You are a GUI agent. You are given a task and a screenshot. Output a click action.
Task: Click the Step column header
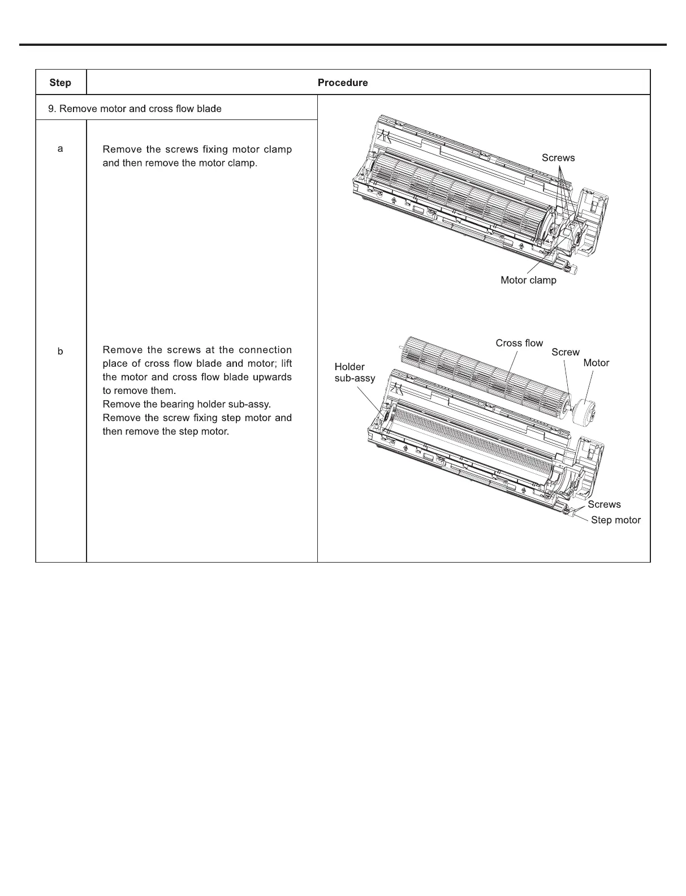pos(60,83)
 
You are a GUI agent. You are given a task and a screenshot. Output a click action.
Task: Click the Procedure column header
pos(343,83)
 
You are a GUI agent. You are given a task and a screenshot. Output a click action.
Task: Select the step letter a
pos(61,149)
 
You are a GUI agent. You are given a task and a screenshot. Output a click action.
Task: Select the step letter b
pos(61,351)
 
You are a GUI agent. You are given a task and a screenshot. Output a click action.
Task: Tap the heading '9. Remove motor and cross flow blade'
pos(135,109)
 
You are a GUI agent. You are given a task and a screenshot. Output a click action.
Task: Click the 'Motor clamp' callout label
pos(528,280)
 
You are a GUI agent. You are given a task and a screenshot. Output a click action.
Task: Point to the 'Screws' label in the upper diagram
pos(558,158)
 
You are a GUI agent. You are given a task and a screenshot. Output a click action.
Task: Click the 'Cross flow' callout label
pos(519,343)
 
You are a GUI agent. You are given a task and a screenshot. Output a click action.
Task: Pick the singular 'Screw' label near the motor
pos(566,352)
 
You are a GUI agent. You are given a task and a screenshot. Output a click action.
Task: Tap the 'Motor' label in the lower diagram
pos(596,363)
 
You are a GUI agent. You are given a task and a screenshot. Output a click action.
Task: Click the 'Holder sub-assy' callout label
pos(355,372)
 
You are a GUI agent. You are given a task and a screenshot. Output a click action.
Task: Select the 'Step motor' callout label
pos(615,520)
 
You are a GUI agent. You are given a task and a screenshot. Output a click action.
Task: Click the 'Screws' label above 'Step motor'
pos(604,504)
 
